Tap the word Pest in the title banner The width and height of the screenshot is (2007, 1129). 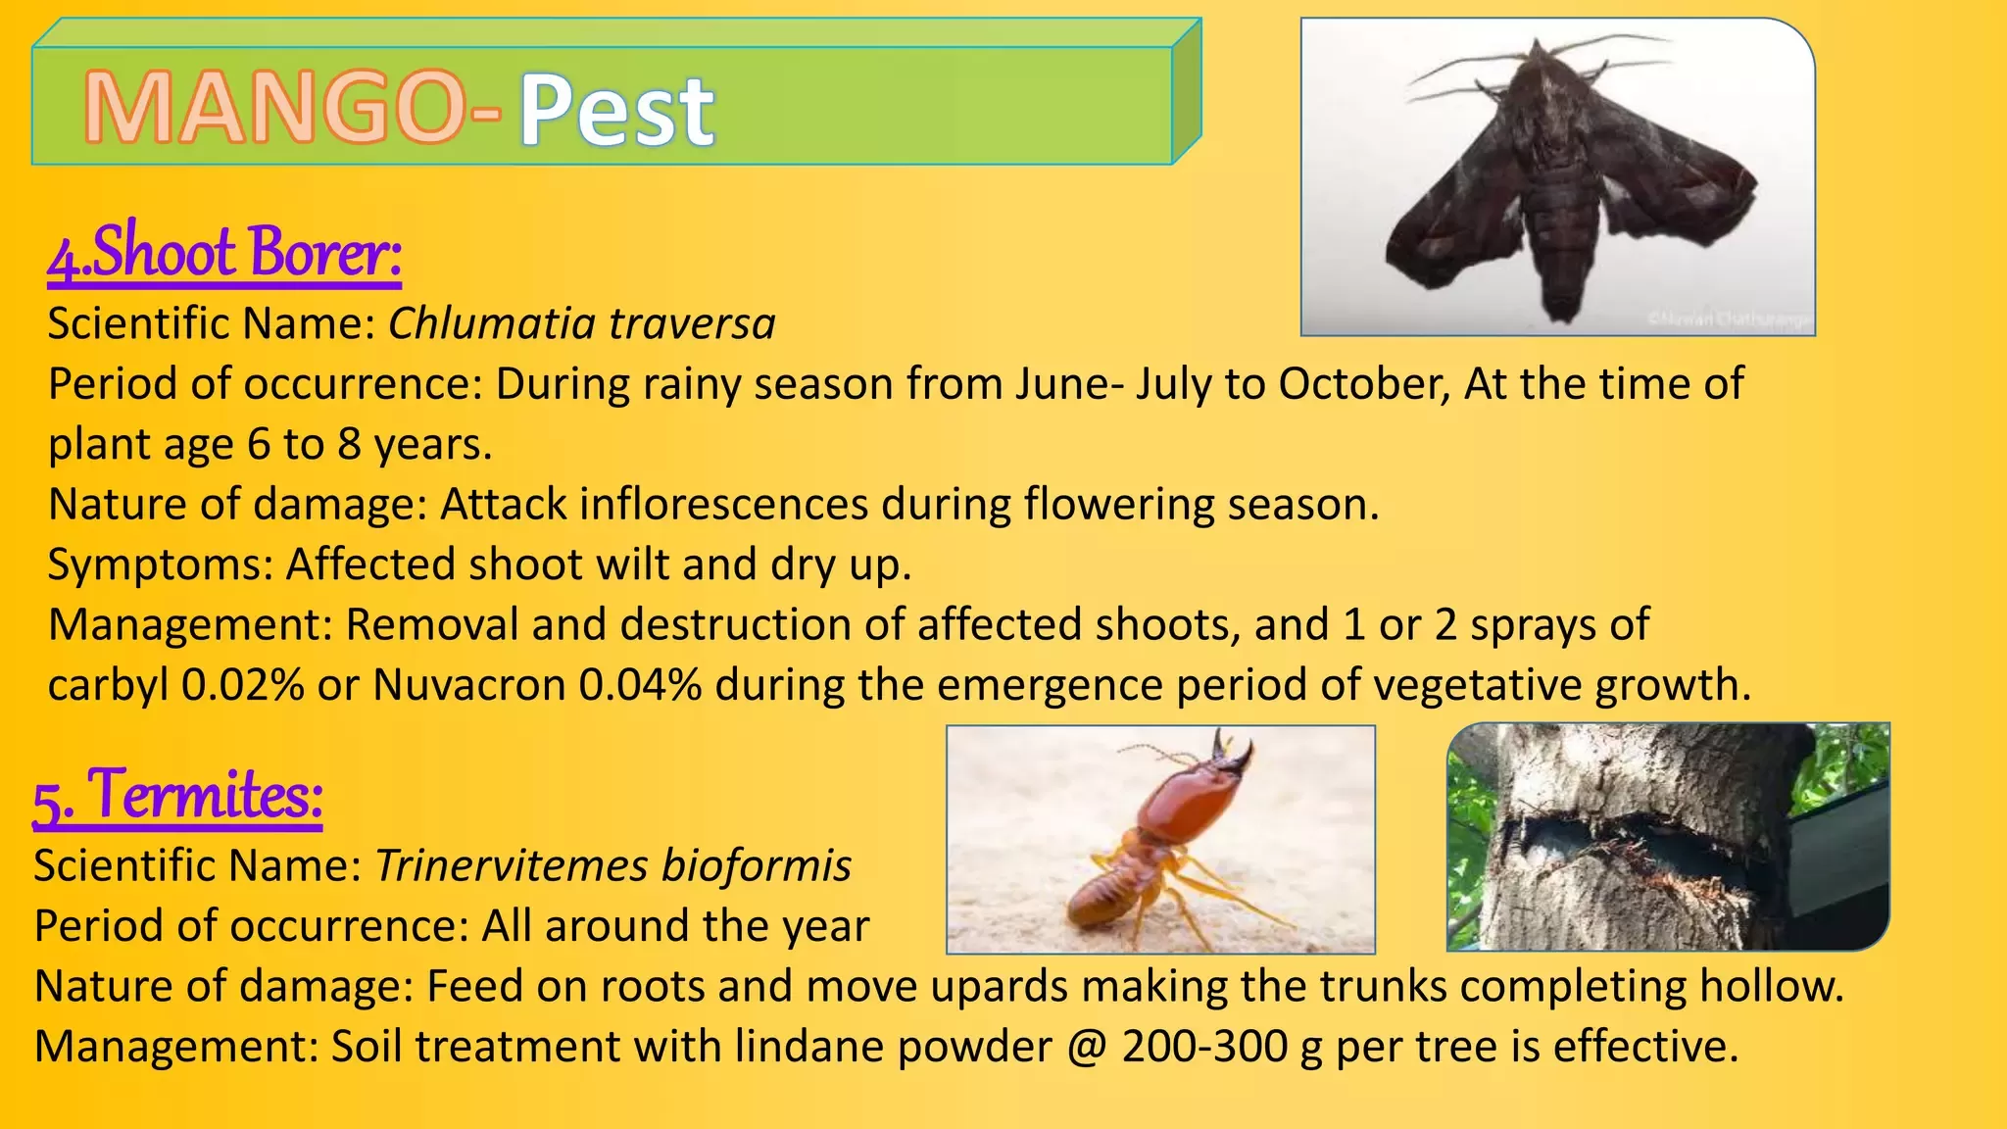click(616, 111)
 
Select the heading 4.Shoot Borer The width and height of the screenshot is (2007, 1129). click(224, 252)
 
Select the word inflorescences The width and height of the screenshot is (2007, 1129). click(723, 504)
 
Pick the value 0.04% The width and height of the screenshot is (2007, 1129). click(640, 684)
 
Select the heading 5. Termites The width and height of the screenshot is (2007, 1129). click(177, 795)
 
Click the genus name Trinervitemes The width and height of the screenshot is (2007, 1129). click(512, 865)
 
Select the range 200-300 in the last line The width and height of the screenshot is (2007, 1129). click(1204, 1046)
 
